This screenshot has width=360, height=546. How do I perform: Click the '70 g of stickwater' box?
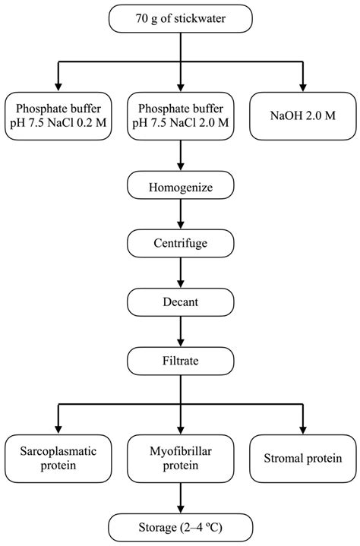click(x=179, y=19)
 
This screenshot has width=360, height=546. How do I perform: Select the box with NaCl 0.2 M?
click(x=57, y=116)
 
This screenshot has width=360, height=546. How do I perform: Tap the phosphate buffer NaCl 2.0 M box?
click(x=180, y=116)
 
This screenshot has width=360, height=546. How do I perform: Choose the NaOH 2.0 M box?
click(x=303, y=116)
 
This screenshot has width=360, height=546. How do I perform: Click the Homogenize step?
click(x=180, y=184)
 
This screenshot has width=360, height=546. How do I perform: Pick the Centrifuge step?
click(x=180, y=243)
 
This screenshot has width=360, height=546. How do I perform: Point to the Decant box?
click(x=180, y=301)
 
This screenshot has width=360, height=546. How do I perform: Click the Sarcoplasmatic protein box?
click(x=57, y=458)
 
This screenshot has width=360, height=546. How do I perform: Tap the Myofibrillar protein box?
click(x=180, y=458)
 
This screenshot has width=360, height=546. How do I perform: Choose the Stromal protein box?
click(x=303, y=458)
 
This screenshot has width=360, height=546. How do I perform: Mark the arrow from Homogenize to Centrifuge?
click(x=180, y=214)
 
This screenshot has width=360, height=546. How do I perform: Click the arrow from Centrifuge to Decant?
click(x=180, y=273)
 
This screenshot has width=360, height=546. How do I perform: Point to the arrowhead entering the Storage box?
click(x=180, y=507)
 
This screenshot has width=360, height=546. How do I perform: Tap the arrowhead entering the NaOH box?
click(x=303, y=87)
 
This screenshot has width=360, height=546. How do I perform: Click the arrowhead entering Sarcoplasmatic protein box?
click(x=57, y=428)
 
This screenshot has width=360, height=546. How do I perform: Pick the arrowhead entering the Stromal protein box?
click(x=303, y=428)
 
